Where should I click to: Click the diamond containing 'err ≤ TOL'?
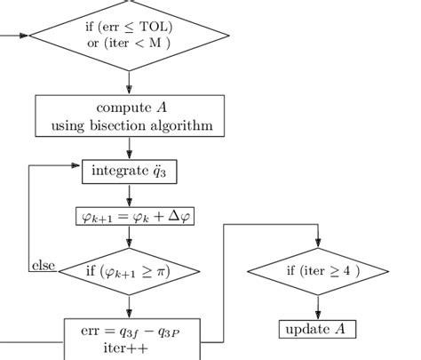130,34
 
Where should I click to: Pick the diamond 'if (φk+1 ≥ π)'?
130,269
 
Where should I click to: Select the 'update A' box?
318,330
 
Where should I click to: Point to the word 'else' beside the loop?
43,265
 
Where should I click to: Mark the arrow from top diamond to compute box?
130,82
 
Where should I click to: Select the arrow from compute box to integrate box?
130,148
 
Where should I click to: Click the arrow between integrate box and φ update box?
130,195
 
